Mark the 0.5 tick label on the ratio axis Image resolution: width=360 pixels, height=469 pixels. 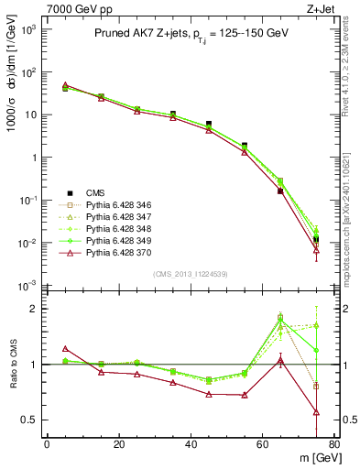30,420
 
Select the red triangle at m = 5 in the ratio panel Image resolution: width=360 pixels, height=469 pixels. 65,348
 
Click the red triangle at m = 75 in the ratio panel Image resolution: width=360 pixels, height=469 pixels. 316,412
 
